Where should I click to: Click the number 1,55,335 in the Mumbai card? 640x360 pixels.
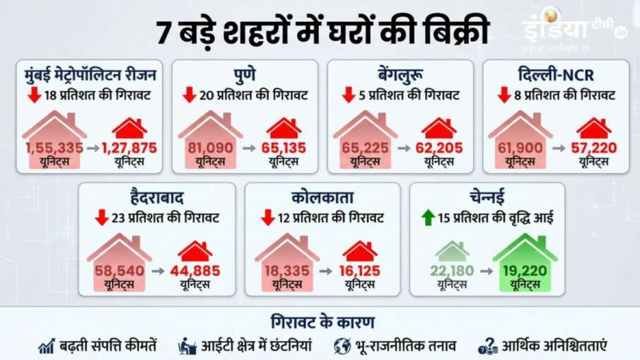click(54, 147)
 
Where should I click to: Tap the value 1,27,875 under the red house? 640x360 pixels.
click(129, 147)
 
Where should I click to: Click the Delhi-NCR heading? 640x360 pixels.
click(555, 74)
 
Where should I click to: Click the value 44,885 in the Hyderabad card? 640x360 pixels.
click(194, 270)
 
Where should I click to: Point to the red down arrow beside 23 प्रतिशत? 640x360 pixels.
click(102, 217)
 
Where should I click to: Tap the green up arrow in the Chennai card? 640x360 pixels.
click(427, 217)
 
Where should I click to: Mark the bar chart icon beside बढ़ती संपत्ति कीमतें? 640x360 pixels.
click(47, 346)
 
